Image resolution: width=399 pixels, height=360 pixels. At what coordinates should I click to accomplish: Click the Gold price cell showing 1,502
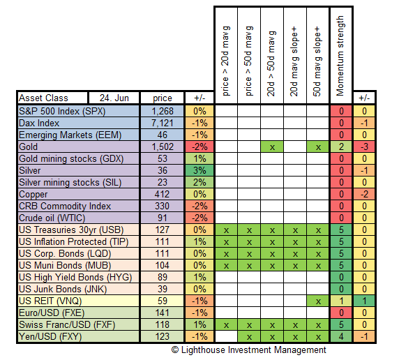click(x=162, y=147)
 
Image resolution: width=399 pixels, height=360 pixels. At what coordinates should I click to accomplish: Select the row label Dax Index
click(x=39, y=123)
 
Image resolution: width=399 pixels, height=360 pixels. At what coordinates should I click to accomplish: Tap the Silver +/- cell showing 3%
click(x=200, y=170)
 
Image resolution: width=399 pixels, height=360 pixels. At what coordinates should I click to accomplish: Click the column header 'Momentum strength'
click(x=340, y=56)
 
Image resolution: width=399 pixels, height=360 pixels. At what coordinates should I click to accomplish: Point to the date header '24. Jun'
click(x=114, y=98)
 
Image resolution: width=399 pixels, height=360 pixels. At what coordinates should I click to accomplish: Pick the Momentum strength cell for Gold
click(x=341, y=147)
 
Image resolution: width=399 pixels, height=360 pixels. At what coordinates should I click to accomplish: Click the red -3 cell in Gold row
click(x=364, y=147)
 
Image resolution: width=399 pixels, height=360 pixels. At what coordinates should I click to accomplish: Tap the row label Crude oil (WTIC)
click(x=52, y=218)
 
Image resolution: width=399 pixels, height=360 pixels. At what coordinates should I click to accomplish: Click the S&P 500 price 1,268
click(x=162, y=111)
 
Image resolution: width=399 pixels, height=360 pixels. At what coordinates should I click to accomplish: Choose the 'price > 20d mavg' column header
click(x=226, y=61)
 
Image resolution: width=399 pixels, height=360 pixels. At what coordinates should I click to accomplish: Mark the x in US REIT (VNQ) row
click(x=318, y=301)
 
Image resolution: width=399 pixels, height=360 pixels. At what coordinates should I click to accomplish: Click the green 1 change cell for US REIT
click(x=364, y=301)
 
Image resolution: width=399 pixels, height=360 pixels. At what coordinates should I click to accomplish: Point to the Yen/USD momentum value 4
click(x=341, y=337)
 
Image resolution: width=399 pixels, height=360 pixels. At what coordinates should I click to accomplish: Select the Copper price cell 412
click(x=162, y=195)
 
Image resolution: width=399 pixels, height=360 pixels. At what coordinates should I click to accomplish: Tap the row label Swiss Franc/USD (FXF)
click(x=67, y=325)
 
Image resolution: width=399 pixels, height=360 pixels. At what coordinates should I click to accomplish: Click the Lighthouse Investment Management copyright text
click(x=248, y=350)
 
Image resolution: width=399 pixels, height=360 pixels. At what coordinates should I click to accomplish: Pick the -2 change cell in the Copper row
click(x=364, y=195)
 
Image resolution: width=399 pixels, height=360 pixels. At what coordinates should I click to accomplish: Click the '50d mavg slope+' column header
click(x=318, y=61)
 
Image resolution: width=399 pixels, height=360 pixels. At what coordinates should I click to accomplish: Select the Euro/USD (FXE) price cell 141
click(x=162, y=313)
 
